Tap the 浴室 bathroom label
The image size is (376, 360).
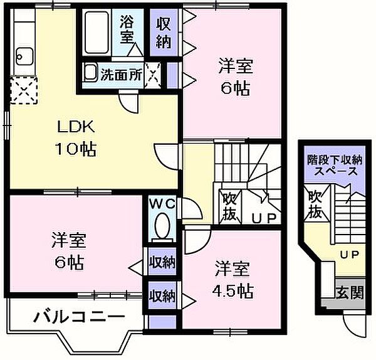[x=127, y=29]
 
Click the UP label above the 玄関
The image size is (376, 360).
[x=348, y=254]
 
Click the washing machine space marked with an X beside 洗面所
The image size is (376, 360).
[x=153, y=74]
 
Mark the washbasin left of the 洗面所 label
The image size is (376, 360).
[x=91, y=73]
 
